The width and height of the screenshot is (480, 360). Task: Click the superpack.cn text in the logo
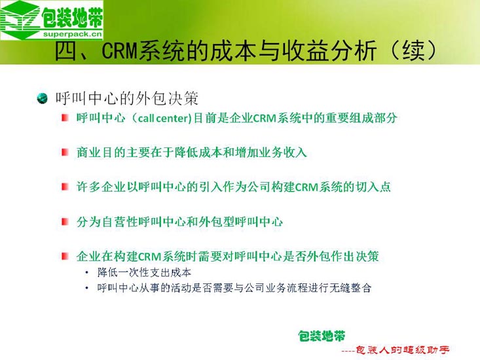(x=72, y=34)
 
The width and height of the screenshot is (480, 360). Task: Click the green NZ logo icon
(x=20, y=19)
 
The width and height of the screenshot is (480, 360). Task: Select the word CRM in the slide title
(x=120, y=51)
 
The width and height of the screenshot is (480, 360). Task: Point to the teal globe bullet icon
(x=42, y=98)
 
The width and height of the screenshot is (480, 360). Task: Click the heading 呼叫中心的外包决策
(x=127, y=98)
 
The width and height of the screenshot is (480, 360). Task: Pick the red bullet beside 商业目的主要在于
(x=65, y=152)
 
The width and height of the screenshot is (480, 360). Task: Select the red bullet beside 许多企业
(x=65, y=187)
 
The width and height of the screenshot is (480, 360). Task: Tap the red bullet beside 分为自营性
(x=65, y=221)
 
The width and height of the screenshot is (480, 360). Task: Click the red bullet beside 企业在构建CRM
(x=65, y=256)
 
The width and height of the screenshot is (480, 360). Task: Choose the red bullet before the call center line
(x=65, y=118)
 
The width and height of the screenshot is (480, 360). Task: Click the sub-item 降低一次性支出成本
(x=144, y=272)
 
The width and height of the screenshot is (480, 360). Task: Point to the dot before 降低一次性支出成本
(x=87, y=272)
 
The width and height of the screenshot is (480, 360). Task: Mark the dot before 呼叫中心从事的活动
(x=87, y=288)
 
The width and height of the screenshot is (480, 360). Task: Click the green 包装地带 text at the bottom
(x=322, y=336)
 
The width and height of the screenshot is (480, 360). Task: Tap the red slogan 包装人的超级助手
(x=403, y=350)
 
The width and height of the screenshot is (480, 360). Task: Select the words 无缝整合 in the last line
(x=350, y=288)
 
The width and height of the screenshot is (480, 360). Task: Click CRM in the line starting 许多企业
(x=306, y=187)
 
